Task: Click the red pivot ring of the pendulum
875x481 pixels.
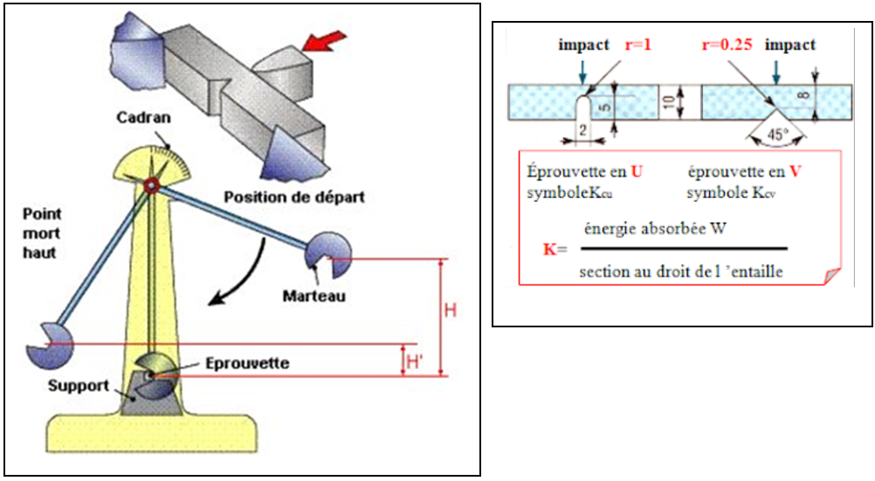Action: (x=152, y=185)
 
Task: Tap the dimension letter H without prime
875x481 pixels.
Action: (x=451, y=310)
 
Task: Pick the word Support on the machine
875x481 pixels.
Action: (x=78, y=385)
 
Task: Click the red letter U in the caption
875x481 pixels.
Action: (x=637, y=171)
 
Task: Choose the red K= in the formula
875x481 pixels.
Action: (x=555, y=249)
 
